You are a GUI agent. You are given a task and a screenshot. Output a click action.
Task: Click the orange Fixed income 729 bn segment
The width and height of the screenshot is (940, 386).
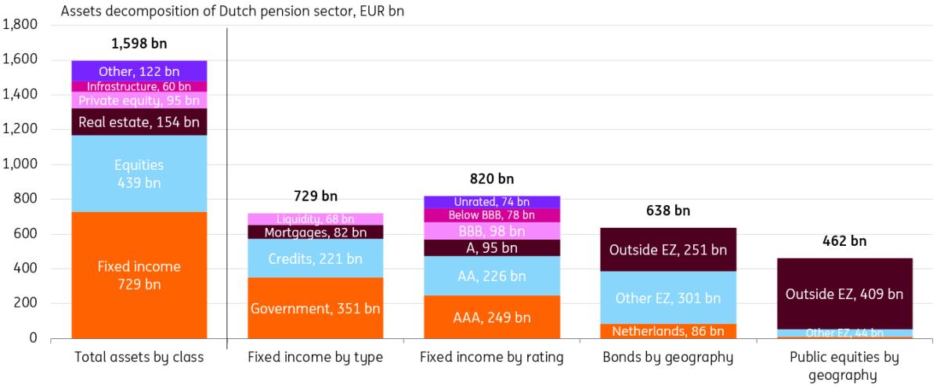click(x=139, y=275)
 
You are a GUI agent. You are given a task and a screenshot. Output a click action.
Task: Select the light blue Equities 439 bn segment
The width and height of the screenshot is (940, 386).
click(x=139, y=173)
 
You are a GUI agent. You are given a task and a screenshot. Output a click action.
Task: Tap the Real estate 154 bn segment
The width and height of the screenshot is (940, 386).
click(x=139, y=121)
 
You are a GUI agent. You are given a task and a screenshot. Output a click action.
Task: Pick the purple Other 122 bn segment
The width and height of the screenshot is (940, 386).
click(x=139, y=71)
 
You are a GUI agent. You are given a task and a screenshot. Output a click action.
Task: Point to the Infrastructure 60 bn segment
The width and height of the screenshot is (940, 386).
click(x=139, y=86)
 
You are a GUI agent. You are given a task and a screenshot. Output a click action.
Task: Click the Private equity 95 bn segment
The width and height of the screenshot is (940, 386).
click(x=139, y=100)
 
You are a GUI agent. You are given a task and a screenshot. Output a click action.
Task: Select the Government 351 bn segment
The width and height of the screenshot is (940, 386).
click(x=315, y=308)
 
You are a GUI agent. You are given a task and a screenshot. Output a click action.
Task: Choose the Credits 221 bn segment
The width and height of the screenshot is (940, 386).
click(x=315, y=258)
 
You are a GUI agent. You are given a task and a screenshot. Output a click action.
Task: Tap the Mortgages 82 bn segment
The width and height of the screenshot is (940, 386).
click(x=315, y=232)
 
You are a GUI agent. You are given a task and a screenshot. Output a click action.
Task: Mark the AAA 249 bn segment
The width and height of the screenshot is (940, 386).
click(x=491, y=317)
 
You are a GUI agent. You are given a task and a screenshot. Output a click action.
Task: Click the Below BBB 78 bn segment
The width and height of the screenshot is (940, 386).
click(x=491, y=215)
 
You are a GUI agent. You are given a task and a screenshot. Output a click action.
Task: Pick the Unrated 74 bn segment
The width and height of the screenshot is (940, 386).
click(x=491, y=202)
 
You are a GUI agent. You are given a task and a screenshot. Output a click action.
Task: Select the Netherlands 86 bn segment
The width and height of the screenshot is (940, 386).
click(x=667, y=331)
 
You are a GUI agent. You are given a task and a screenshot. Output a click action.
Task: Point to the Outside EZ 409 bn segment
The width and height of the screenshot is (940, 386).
click(x=844, y=294)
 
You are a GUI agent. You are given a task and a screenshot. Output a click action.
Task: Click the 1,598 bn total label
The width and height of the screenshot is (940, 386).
click(x=139, y=44)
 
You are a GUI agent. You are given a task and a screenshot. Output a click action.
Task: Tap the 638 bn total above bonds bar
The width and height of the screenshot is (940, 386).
click(x=667, y=211)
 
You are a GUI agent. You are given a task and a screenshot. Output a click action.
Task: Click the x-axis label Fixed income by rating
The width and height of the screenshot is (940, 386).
click(x=491, y=358)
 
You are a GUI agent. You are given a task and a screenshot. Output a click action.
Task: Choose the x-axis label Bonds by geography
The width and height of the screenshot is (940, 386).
click(x=667, y=358)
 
